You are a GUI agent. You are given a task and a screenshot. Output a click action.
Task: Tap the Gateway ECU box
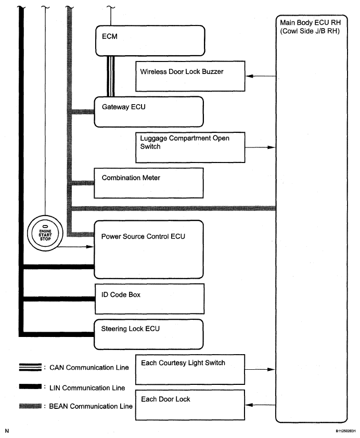pos(148,111)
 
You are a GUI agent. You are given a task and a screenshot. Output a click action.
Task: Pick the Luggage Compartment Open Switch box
pos(189,147)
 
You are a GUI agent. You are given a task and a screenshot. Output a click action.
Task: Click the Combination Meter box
pos(148,182)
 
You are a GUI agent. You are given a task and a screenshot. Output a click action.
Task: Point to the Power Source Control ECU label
pos(144,236)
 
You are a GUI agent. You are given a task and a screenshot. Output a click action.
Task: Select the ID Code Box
pos(148,298)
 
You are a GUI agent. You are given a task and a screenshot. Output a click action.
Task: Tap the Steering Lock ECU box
pos(148,334)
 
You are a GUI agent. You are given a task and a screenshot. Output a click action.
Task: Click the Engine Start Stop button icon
pos(45,231)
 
